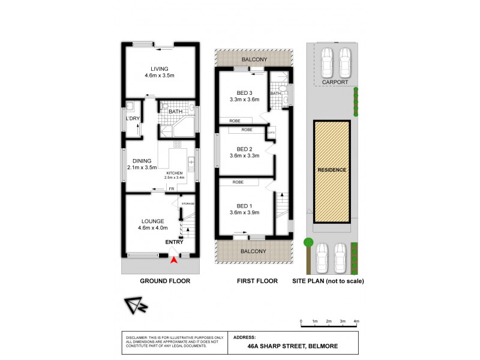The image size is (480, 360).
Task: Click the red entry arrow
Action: [x=175, y=260]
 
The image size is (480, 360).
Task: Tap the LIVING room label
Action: [x=160, y=69]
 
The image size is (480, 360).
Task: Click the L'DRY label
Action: [x=133, y=119]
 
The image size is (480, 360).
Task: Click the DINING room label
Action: [x=142, y=160]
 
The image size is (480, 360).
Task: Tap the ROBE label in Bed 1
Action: [x=238, y=181]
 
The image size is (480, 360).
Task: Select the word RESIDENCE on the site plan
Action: [x=332, y=170]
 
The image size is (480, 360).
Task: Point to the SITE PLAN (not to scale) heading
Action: [x=328, y=281]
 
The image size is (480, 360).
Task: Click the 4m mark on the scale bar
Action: [x=356, y=321]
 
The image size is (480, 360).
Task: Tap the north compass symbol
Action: [x=136, y=306]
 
